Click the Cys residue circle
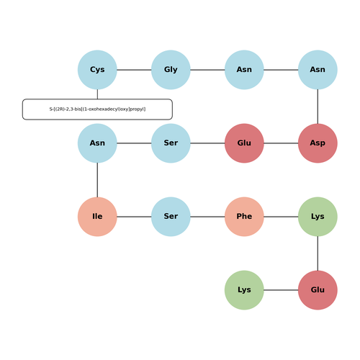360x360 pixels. [97, 70]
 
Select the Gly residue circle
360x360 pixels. [171, 70]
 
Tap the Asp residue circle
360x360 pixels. [318, 143]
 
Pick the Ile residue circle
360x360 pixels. [97, 217]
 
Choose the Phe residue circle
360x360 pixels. [244, 217]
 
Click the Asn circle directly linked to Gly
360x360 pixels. [244, 70]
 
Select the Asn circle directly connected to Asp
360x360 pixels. [318, 70]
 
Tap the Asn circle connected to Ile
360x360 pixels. [97, 143]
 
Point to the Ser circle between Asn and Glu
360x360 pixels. [171, 143]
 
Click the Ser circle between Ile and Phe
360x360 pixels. [171, 217]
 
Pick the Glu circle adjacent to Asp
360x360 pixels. [244, 143]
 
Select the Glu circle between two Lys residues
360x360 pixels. [318, 290]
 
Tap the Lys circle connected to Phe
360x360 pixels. [318, 217]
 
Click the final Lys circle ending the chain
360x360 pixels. [244, 290]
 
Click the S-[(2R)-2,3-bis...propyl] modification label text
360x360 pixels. [97, 109]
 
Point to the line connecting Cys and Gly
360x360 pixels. [134, 70]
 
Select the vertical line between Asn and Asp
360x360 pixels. [318, 107]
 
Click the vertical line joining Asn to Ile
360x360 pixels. [97, 180]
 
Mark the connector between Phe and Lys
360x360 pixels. [281, 217]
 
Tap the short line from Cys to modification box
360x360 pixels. [97, 94]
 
